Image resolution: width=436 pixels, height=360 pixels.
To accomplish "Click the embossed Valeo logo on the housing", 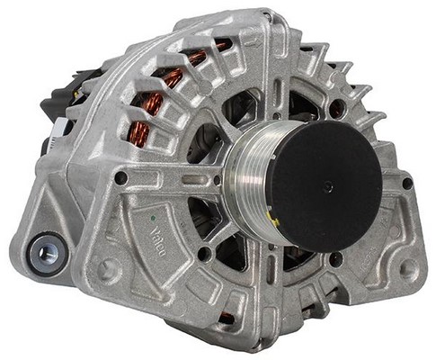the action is click(157, 241).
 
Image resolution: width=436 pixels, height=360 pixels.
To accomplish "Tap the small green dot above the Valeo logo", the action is click(153, 218).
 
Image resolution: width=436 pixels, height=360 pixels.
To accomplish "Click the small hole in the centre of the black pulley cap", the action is click(328, 186).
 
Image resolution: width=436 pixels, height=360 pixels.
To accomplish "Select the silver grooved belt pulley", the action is click(253, 177).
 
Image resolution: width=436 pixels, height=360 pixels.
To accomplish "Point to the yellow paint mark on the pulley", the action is click(273, 221).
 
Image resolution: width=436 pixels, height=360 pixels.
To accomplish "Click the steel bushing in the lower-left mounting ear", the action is click(47, 255).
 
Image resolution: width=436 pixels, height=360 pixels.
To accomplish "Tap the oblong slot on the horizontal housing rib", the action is click(192, 179).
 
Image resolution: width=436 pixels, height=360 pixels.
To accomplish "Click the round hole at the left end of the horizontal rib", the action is click(121, 178).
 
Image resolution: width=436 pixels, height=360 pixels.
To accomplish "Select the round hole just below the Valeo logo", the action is click(204, 254).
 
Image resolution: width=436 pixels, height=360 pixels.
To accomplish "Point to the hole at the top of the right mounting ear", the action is click(407, 183).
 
